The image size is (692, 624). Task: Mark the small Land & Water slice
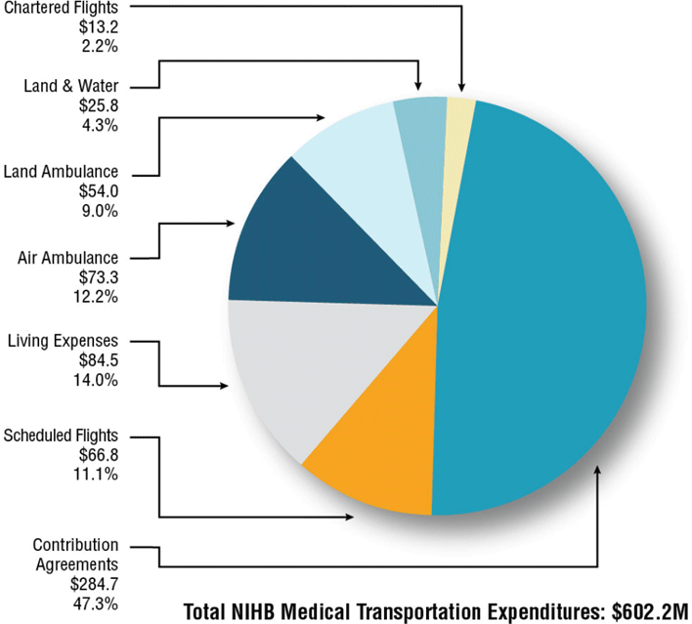pyautogui.click(x=418, y=127)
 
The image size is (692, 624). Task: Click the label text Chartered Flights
pyautogui.click(x=67, y=8)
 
